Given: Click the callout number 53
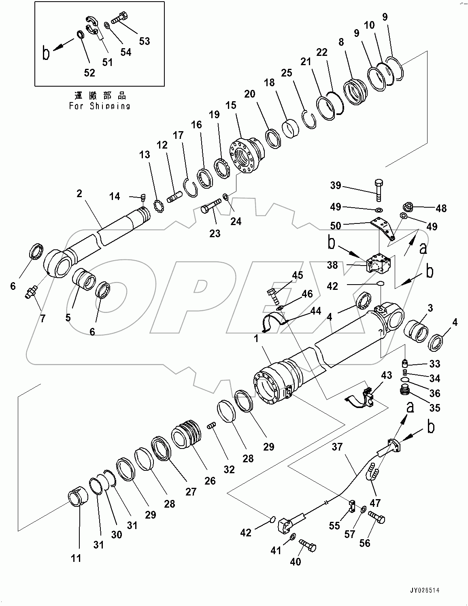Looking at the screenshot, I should pyautogui.click(x=144, y=41).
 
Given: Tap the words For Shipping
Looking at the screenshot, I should pyautogui.click(x=100, y=106).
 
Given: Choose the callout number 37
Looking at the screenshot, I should pyautogui.click(x=337, y=447).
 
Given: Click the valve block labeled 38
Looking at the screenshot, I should pyautogui.click(x=379, y=264).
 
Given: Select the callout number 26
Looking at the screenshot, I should pyautogui.click(x=210, y=481).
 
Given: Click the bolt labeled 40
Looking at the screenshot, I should pyautogui.click(x=307, y=547).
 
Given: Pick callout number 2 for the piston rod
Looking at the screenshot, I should pyautogui.click(x=79, y=193).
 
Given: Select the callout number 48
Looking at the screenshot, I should pyautogui.click(x=441, y=208).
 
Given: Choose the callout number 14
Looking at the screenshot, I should pyautogui.click(x=115, y=196).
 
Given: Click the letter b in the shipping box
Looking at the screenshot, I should pyautogui.click(x=47, y=53).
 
